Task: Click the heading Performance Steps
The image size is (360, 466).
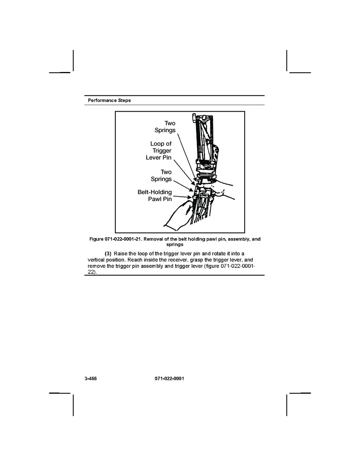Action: (109, 100)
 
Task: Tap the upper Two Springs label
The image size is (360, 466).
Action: (165, 127)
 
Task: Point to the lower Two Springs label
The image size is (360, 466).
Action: (161, 175)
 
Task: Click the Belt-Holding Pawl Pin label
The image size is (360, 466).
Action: (155, 196)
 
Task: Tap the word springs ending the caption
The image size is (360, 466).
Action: (175, 245)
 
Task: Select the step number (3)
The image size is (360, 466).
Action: (108, 254)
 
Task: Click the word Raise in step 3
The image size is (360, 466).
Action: (121, 254)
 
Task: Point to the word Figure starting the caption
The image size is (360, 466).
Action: (97, 239)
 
